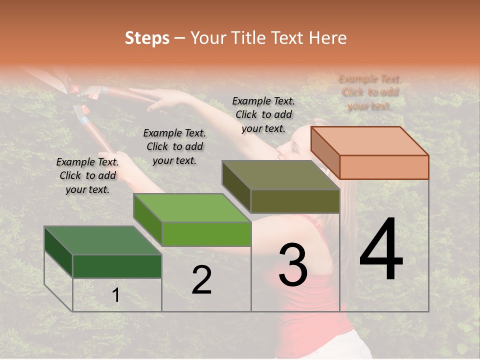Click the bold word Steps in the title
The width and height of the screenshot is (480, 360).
coord(147,38)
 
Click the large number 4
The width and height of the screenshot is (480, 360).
coord(381,249)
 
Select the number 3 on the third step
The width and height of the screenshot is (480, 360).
coord(293,264)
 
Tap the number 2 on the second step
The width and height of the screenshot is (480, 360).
coord(201,280)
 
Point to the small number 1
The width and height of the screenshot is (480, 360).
coord(115,295)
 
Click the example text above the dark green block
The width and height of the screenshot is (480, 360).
coord(87,175)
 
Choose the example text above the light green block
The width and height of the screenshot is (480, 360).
coord(174,146)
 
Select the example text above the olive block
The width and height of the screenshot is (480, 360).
coord(263,114)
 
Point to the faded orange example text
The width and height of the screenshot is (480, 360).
coord(370,92)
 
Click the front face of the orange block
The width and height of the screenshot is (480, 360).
coord(384,167)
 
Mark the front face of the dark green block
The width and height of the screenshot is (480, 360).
coord(117,266)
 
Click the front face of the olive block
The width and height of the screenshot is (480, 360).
coord(295,201)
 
